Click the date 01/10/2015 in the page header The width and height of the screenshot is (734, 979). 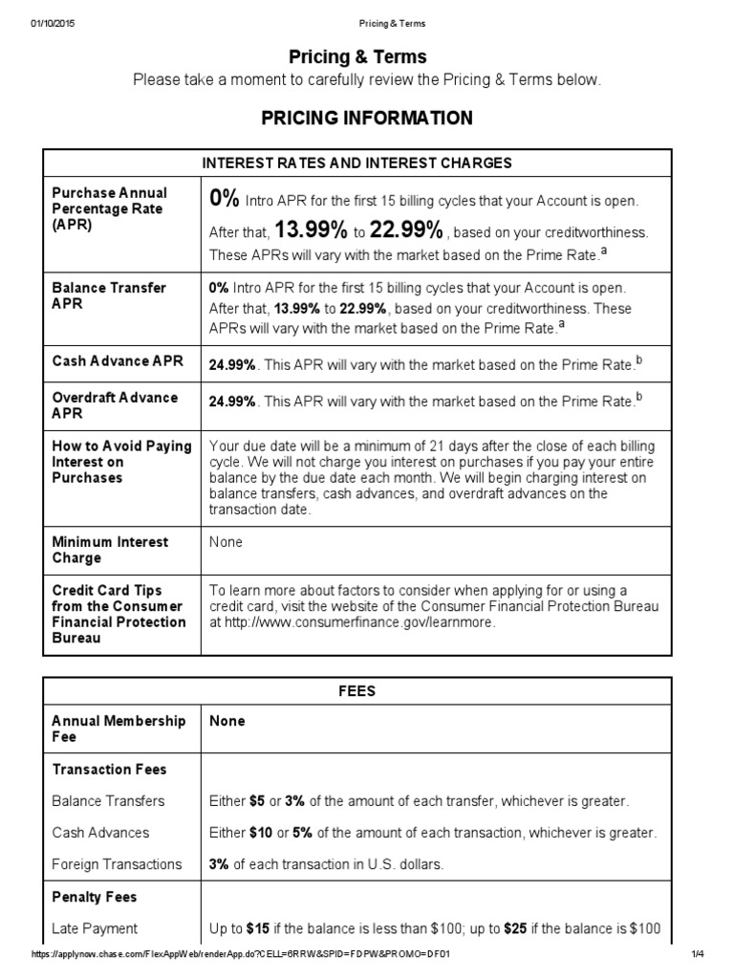[52, 23]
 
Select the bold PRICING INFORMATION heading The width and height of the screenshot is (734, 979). [367, 119]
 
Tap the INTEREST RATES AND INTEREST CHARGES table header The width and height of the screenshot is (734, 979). [357, 163]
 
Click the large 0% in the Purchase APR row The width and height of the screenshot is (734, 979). [225, 199]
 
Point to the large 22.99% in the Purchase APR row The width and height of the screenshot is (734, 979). [406, 230]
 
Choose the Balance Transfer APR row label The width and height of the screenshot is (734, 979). [109, 295]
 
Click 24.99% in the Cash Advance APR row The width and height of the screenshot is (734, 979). [232, 365]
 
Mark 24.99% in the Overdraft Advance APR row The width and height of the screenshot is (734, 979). [232, 402]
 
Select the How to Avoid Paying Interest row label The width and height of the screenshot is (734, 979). [121, 462]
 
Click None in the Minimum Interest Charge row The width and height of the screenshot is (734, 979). [226, 542]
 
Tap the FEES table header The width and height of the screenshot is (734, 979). [357, 690]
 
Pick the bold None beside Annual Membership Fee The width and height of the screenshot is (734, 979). [227, 721]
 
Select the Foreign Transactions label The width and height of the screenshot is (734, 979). [117, 864]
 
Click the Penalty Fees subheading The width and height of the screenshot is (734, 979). [95, 897]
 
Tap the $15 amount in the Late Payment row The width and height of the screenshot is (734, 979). [258, 928]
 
